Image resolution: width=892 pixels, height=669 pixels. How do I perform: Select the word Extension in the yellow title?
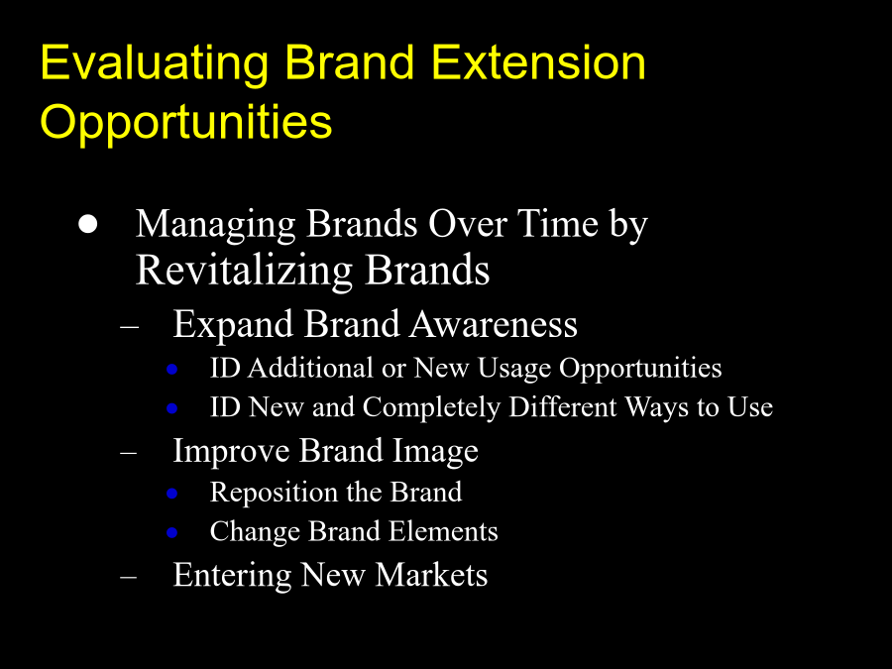click(x=539, y=62)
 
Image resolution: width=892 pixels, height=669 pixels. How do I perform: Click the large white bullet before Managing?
click(x=87, y=224)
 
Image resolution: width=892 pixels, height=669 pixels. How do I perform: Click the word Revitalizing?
click(x=245, y=272)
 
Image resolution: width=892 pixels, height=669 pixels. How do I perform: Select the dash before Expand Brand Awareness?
click(x=129, y=327)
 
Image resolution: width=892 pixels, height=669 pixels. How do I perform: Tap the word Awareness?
click(x=494, y=325)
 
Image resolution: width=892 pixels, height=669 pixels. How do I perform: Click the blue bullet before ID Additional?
click(x=171, y=370)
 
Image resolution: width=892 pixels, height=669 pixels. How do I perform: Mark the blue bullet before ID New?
click(x=171, y=408)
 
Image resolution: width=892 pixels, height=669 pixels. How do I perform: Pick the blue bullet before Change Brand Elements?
click(x=171, y=532)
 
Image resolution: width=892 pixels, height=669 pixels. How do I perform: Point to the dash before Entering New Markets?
click(x=129, y=578)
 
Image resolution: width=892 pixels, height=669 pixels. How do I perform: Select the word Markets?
click(x=431, y=575)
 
